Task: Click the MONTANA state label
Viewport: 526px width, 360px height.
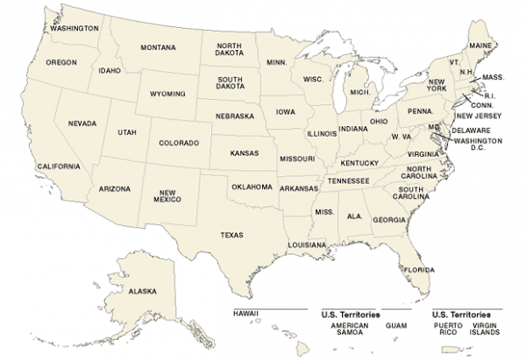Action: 158,47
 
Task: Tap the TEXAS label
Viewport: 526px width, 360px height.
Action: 231,235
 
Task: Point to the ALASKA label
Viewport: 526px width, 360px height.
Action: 141,292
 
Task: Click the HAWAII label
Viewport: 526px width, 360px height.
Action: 246,314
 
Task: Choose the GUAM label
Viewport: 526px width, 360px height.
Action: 396,326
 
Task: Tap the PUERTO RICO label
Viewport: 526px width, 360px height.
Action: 447,329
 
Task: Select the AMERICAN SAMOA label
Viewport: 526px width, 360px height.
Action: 349,329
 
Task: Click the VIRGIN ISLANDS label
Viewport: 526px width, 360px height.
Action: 484,329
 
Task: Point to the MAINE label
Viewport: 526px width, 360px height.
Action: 480,45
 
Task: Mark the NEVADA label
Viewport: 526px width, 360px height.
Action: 82,124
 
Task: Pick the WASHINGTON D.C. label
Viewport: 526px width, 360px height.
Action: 477,144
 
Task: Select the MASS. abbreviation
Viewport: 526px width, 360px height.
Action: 493,78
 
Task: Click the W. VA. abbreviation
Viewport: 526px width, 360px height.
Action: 402,137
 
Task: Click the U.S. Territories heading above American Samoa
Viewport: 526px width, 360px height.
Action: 352,314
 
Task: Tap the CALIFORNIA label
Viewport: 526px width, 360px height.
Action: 59,166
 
